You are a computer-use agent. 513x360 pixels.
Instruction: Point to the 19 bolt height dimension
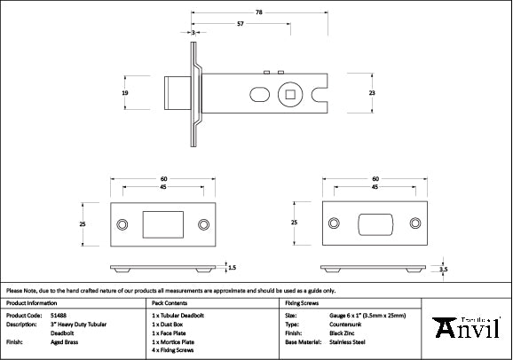(x=125, y=92)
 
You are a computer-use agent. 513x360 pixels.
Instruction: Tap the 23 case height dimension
(x=373, y=92)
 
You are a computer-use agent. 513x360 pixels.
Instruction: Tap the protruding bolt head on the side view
(x=178, y=92)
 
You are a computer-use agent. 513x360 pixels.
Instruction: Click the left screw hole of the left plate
(x=122, y=224)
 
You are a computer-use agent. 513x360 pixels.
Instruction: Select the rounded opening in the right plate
(x=375, y=224)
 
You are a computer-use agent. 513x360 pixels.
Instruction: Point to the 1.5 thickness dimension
(x=233, y=266)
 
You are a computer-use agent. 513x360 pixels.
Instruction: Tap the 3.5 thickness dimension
(x=444, y=267)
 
